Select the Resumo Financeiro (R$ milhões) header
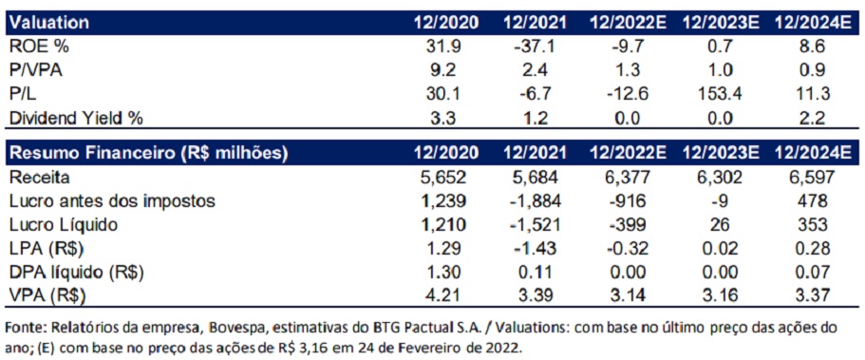[147, 152]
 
